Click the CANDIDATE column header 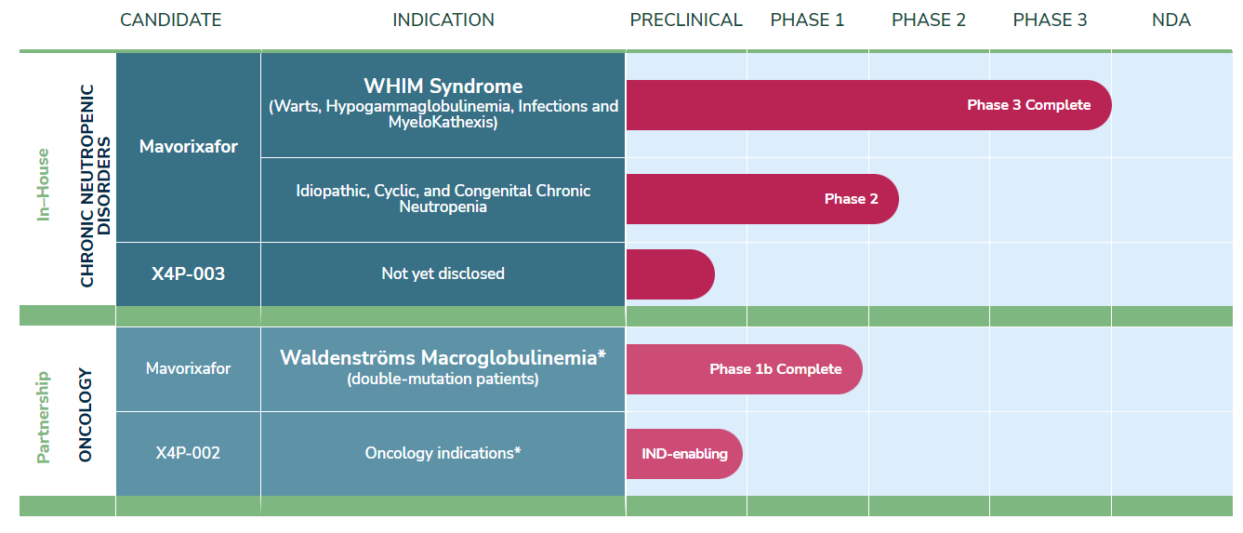point(171,20)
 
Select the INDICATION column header point(443,20)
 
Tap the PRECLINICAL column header point(686,20)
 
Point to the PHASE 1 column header point(807,20)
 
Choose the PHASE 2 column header point(929,20)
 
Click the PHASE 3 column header point(1050,20)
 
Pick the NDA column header point(1170,20)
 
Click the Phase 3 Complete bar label point(1028,105)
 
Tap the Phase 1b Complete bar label point(775,369)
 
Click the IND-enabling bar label point(684,454)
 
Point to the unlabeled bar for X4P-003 point(669,274)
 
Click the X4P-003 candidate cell point(188,274)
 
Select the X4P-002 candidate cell point(188,453)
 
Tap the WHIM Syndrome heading point(443,87)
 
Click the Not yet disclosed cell point(443,273)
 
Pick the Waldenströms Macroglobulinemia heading point(443,357)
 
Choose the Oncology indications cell point(443,453)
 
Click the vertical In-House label point(43,185)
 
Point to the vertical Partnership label point(43,417)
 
